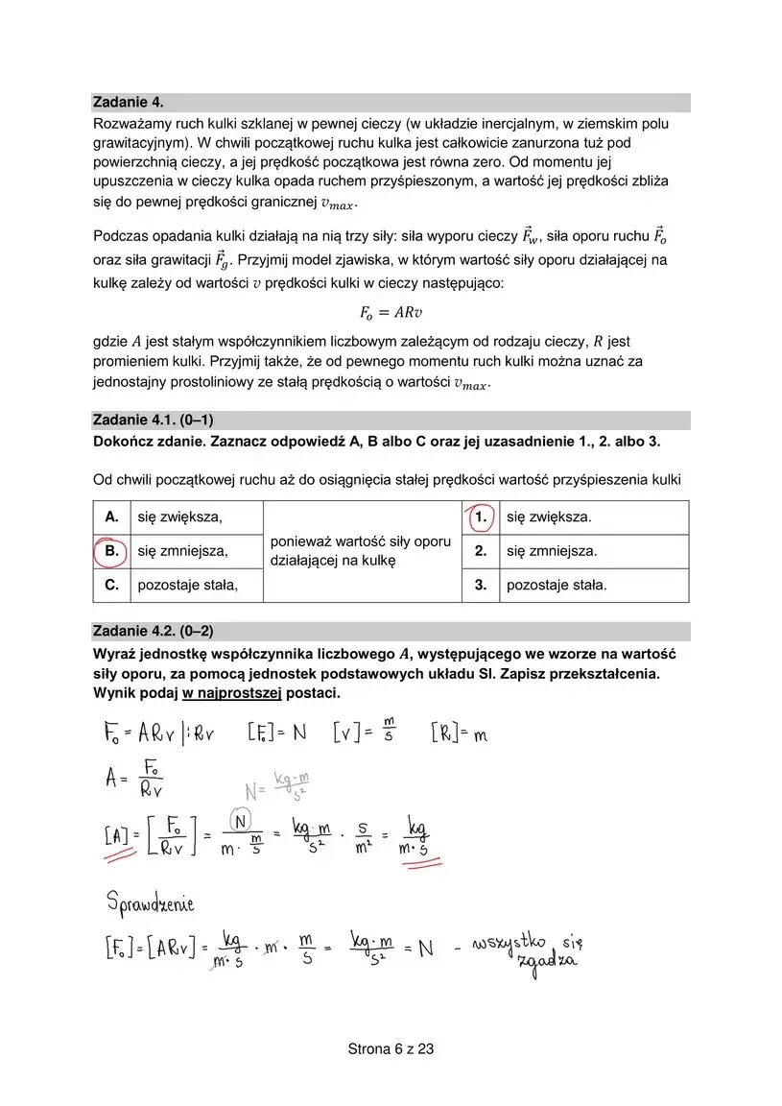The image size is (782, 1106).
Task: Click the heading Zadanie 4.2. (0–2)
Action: coord(153,631)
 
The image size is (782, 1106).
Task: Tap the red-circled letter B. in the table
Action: coord(111,551)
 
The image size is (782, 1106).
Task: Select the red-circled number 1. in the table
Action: coord(481,517)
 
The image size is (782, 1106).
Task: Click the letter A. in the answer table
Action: coord(111,517)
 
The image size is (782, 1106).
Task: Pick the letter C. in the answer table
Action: coord(111,584)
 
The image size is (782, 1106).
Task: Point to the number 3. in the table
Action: coord(481,584)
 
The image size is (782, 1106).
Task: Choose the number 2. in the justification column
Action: coord(481,551)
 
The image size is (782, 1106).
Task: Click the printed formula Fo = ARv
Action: coord(391,312)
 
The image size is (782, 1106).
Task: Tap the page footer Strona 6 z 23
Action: coord(391,1049)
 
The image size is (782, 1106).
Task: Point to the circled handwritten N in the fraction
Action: coord(242,821)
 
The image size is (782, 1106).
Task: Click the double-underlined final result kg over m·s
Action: coord(416,835)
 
